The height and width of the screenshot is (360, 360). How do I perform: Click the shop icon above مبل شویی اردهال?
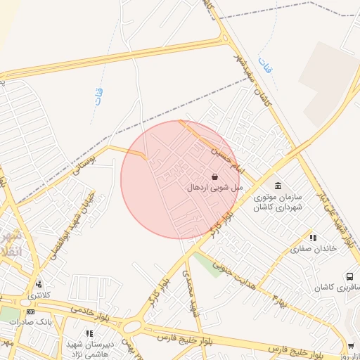pos(214,176)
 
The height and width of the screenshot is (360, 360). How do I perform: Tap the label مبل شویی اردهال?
pos(215,188)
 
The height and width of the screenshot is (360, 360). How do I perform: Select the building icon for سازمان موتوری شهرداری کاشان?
pos(279,186)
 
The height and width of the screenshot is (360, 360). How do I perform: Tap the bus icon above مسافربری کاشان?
pos(349,278)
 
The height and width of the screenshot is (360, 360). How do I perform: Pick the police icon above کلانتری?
pos(38,284)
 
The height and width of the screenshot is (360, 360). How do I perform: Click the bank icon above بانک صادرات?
pos(30,311)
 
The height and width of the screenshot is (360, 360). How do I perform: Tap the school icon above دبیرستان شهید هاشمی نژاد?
pos(89,333)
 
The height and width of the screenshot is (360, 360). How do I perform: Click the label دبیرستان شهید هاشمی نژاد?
pos(89,347)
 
